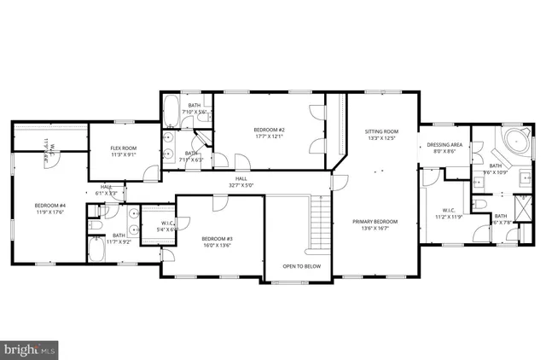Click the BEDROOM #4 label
50,206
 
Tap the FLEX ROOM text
125,148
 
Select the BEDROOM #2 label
269,130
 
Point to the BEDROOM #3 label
217,238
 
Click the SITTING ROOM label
381,132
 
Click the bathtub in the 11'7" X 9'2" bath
97,252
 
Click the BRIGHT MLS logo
31,348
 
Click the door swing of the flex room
151,174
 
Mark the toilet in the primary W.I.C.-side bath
479,206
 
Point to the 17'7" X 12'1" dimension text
269,136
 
